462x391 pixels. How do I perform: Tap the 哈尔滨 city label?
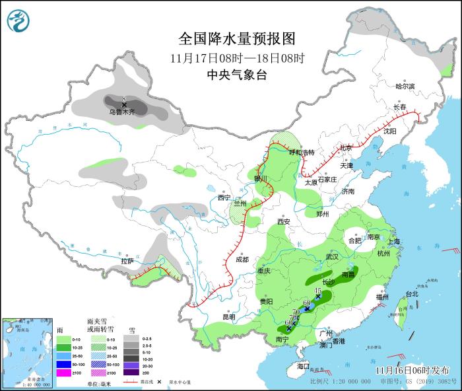(405, 87)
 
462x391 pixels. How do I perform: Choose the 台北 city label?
(411, 294)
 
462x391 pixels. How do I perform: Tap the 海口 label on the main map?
(303, 366)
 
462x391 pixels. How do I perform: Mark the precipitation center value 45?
(317, 291)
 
